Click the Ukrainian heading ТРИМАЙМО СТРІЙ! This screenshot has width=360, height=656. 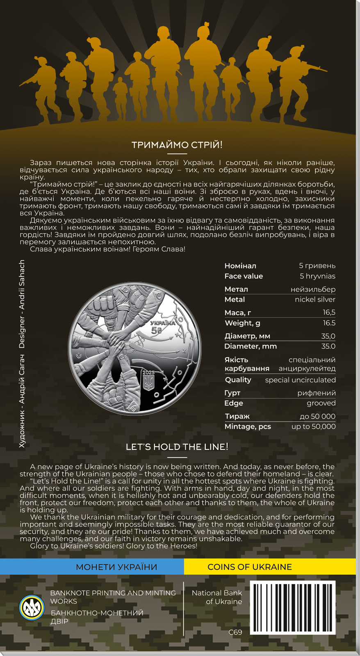(177, 145)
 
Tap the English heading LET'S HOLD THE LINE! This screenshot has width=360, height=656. (177, 447)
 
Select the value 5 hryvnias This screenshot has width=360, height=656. (317, 276)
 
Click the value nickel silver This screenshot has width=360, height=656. (315, 299)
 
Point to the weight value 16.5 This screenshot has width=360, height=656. (329, 323)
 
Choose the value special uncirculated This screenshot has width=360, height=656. (300, 380)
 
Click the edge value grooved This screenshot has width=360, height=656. (321, 403)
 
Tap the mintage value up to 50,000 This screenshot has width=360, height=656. (313, 426)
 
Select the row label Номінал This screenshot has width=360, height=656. (240, 266)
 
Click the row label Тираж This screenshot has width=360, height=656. (237, 416)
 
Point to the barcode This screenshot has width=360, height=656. (293, 608)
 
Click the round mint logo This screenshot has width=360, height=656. (32, 607)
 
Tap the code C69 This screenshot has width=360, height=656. (235, 632)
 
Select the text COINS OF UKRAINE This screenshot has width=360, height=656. (250, 567)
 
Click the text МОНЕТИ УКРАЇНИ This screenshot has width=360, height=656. (116, 567)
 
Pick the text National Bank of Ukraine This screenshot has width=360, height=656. (217, 597)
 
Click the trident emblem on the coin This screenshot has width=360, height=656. (148, 383)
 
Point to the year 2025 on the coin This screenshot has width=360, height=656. (148, 372)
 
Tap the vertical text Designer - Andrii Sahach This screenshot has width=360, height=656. (22, 304)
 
